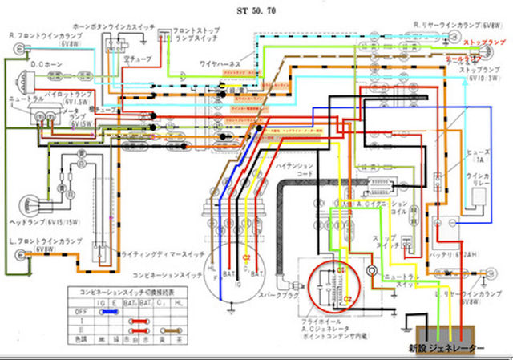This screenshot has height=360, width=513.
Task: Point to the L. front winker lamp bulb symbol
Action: [17, 257]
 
